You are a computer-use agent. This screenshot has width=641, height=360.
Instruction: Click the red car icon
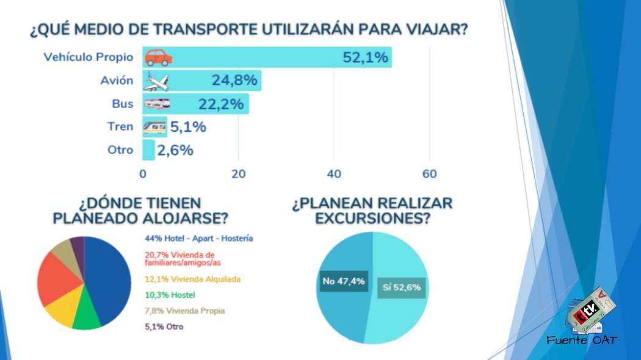159,57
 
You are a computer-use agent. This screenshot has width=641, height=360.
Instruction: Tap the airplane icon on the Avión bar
156,81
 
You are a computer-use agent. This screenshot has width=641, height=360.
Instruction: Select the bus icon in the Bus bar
157,104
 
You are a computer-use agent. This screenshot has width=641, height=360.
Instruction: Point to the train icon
154,127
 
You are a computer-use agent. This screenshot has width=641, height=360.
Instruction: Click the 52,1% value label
365,58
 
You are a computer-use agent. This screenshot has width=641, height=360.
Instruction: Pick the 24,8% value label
235,81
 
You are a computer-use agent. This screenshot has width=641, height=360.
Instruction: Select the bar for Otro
148,149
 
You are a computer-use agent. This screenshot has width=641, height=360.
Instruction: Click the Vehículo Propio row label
88,57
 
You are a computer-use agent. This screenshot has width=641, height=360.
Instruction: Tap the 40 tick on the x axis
334,174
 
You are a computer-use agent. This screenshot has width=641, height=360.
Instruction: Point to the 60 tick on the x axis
429,174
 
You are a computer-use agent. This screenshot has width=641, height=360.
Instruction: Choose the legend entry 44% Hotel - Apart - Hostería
199,239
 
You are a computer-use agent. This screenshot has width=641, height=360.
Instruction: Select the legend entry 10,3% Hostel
170,295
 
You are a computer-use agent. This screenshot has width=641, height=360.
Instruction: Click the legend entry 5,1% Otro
164,326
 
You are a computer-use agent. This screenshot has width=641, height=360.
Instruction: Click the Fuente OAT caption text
582,340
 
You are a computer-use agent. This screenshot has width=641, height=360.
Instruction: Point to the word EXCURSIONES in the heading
371,218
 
